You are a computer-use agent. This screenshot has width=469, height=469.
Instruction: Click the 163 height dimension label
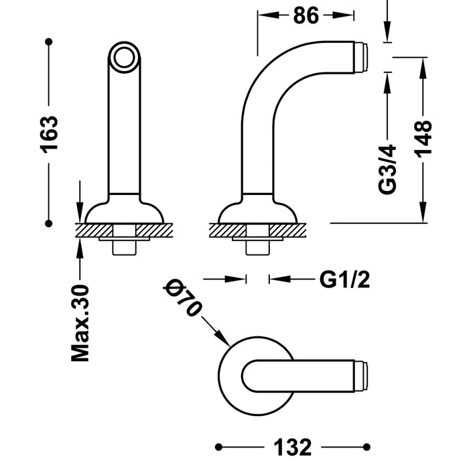pos(49,134)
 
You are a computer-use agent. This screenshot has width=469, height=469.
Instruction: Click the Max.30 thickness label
pos(80,323)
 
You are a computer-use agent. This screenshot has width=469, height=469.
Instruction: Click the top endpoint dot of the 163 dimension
pos(48,42)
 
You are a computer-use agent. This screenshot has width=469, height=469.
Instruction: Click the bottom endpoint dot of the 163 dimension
pos(48,222)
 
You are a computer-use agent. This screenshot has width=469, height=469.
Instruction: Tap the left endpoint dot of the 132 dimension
pos(219,446)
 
